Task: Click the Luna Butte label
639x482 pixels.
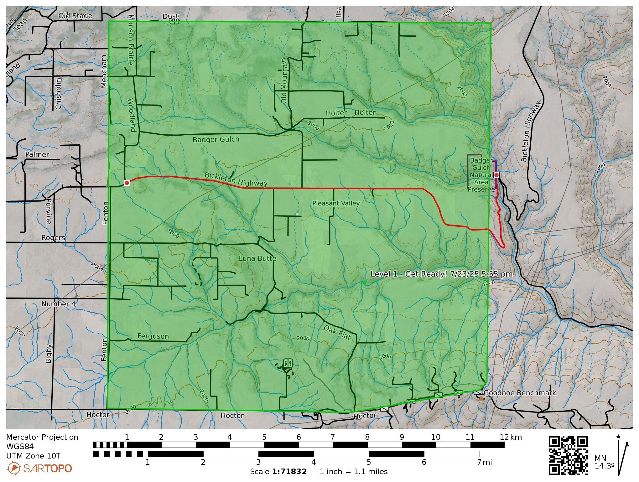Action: (257, 258)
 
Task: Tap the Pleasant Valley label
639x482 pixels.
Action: (336, 203)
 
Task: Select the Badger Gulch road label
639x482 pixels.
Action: (216, 139)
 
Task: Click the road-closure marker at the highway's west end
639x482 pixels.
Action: (127, 183)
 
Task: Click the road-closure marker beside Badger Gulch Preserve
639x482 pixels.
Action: (496, 175)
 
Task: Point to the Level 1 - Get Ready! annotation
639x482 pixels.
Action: (441, 274)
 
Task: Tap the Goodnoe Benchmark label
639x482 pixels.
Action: (520, 393)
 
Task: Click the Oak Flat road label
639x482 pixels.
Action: (337, 332)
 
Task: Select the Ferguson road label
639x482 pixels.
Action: (153, 336)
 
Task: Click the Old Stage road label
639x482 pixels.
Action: (75, 16)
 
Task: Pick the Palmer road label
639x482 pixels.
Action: (37, 154)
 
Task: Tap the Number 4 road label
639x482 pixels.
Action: (59, 304)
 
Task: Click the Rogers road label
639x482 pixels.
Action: (53, 238)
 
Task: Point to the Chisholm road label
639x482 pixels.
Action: (58, 94)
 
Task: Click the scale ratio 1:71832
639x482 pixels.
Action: (289, 471)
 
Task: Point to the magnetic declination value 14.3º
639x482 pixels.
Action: (604, 466)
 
